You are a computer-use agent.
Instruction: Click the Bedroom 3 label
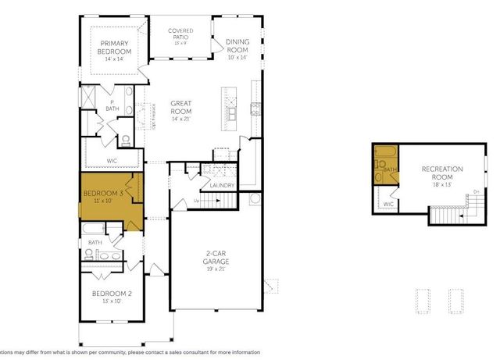click(104, 192)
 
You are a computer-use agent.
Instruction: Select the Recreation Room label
click(442, 173)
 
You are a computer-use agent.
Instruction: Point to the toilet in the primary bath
click(125, 141)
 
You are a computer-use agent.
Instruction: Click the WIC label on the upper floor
click(387, 205)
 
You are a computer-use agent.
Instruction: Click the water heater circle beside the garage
click(254, 198)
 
